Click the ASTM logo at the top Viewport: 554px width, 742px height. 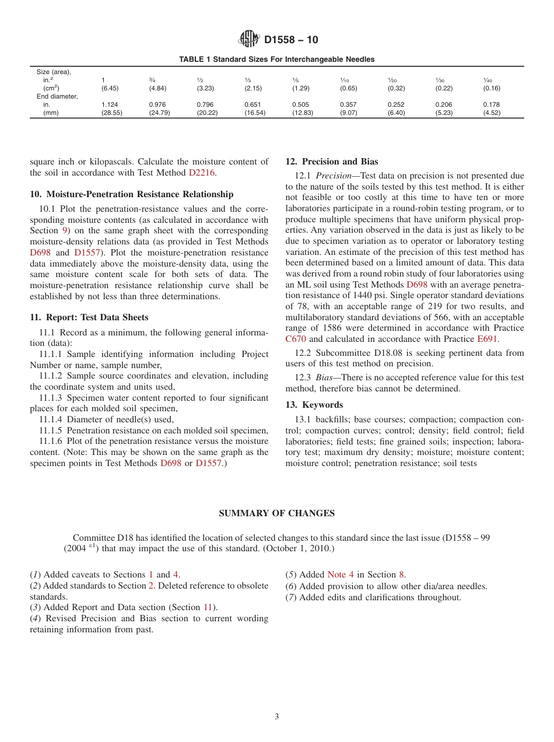point(249,40)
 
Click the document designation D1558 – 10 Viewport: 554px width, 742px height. point(291,40)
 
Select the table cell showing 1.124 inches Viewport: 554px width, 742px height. point(110,105)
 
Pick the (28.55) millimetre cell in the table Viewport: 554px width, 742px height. point(111,113)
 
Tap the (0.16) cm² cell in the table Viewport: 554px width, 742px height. point(491,89)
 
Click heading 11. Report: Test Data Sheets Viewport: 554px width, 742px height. point(89,317)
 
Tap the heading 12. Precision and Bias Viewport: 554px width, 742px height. point(331,162)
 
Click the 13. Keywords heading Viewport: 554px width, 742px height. point(314,405)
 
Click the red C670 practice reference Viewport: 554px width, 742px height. point(296,339)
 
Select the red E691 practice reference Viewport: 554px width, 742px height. point(487,339)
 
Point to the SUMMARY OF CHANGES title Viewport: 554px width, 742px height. point(276,513)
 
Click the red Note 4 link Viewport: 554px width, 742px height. point(341,575)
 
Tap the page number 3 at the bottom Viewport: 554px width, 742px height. point(277,717)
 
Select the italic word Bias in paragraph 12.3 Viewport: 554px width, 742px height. point(325,377)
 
